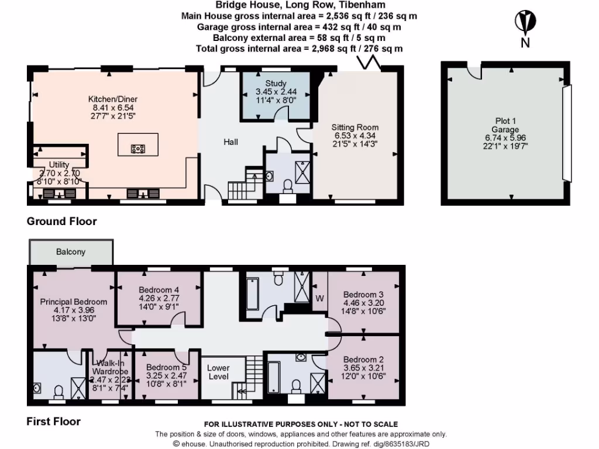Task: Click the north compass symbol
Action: click(x=525, y=23)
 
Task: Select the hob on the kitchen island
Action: click(x=138, y=148)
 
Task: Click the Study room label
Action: click(x=276, y=92)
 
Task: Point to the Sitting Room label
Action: click(x=355, y=136)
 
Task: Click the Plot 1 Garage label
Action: click(x=505, y=129)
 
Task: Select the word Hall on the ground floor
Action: click(x=231, y=141)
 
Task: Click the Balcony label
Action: click(x=71, y=252)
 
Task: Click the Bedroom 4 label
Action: click(x=159, y=298)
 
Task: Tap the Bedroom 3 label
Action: click(x=363, y=302)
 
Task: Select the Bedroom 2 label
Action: click(x=363, y=368)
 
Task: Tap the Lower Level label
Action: click(x=219, y=372)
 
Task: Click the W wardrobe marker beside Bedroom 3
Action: click(x=319, y=298)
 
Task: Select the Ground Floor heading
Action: click(x=61, y=222)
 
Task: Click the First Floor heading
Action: click(x=53, y=421)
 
